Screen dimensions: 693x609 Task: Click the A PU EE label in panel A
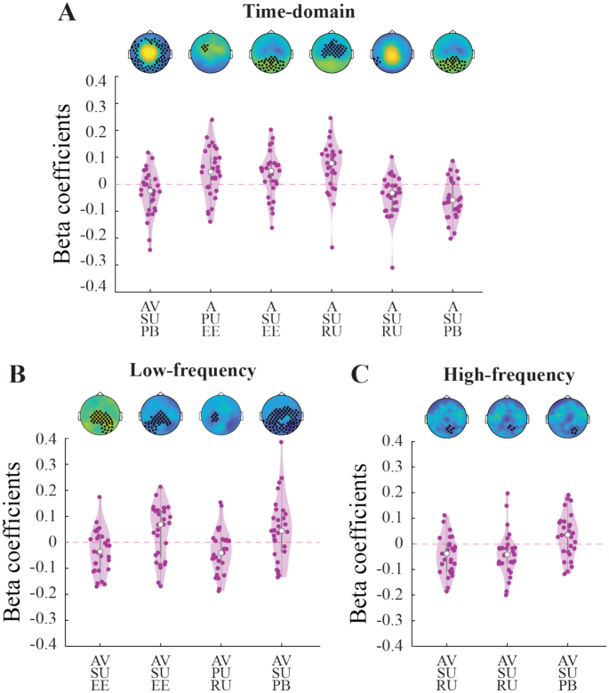click(211, 316)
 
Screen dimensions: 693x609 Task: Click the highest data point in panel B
click(282, 441)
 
